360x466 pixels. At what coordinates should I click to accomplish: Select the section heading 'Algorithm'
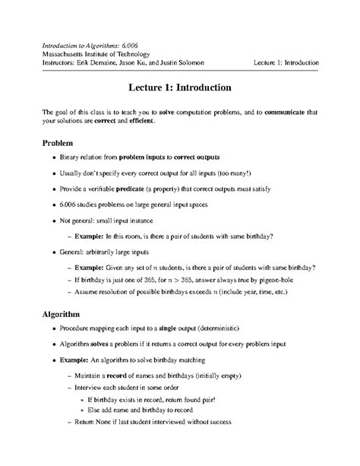(x=67, y=313)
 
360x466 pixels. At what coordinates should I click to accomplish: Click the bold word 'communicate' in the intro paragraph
(x=287, y=112)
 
